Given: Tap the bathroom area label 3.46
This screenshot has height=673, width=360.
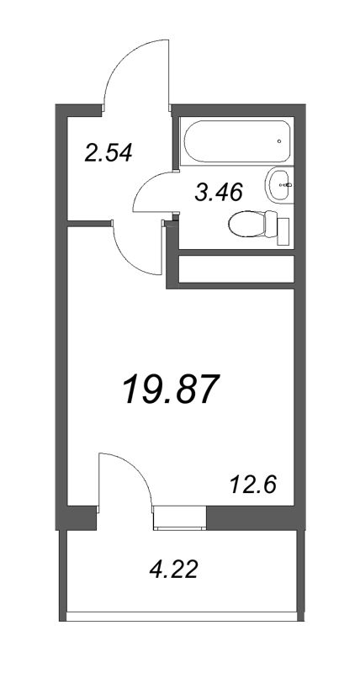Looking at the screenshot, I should point(218,193).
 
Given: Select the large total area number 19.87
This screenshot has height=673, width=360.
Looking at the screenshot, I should point(171,389).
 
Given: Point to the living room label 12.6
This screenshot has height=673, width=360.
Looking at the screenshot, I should point(253,485).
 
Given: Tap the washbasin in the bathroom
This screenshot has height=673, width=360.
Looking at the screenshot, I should point(280,181).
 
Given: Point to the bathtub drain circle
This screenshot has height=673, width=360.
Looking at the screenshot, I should point(279,141).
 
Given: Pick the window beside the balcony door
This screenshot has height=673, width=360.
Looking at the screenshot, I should point(178,517).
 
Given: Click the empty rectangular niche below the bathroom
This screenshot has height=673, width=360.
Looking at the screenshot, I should point(236,269).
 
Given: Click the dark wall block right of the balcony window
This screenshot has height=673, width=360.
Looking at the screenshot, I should point(250,517).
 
